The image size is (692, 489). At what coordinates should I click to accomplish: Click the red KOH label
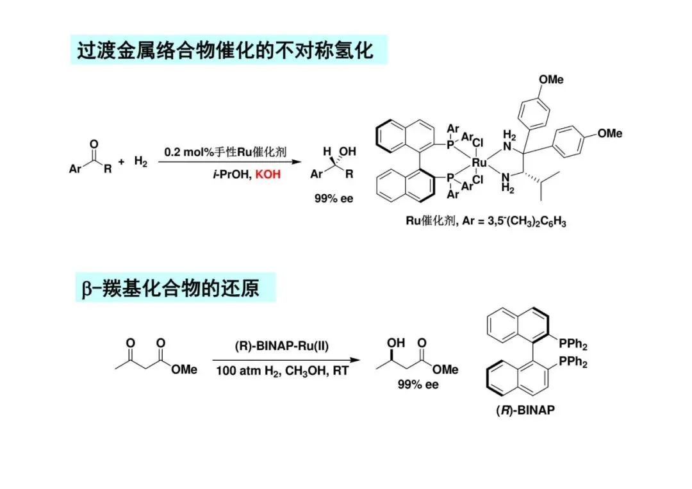[268, 174]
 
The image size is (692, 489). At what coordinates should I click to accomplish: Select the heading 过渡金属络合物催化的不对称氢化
[225, 50]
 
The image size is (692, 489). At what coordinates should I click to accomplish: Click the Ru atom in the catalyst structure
[479, 163]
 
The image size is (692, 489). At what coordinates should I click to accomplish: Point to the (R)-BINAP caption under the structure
[525, 410]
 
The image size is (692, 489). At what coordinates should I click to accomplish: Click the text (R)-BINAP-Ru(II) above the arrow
[281, 347]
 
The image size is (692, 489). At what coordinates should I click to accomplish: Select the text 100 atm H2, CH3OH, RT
[282, 370]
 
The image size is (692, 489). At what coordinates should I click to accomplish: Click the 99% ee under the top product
[333, 199]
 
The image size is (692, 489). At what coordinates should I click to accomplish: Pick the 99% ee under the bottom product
[419, 385]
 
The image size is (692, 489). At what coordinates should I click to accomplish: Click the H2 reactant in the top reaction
[141, 162]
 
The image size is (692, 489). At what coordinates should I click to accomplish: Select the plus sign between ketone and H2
[121, 162]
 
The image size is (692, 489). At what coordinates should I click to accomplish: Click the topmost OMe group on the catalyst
[551, 79]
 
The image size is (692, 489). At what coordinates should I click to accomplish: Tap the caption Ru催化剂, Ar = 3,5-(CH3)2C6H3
[486, 222]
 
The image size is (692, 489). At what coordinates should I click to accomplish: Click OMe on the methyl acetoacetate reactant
[184, 370]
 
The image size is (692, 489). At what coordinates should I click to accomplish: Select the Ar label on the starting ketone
[75, 170]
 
